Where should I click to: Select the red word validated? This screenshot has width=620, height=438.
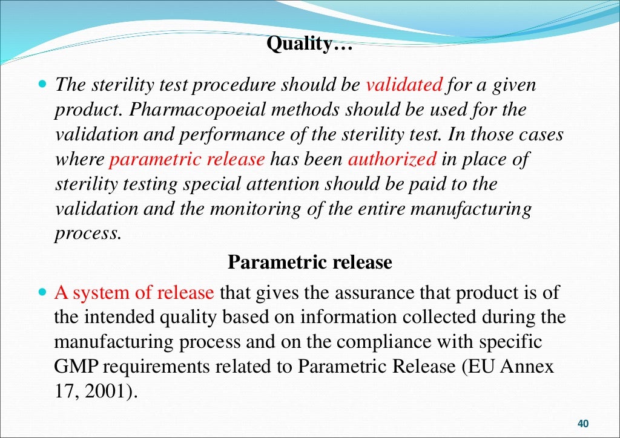(x=404, y=85)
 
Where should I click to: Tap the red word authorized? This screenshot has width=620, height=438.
(x=392, y=159)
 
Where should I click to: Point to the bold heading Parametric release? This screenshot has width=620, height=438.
(x=309, y=263)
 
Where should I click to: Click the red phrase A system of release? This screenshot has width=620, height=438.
(x=134, y=293)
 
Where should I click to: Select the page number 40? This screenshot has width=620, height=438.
(x=584, y=423)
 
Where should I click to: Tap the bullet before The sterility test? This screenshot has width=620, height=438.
(x=42, y=84)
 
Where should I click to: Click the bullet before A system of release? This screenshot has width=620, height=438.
(x=42, y=292)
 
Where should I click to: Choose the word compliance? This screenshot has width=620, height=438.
(x=369, y=342)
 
